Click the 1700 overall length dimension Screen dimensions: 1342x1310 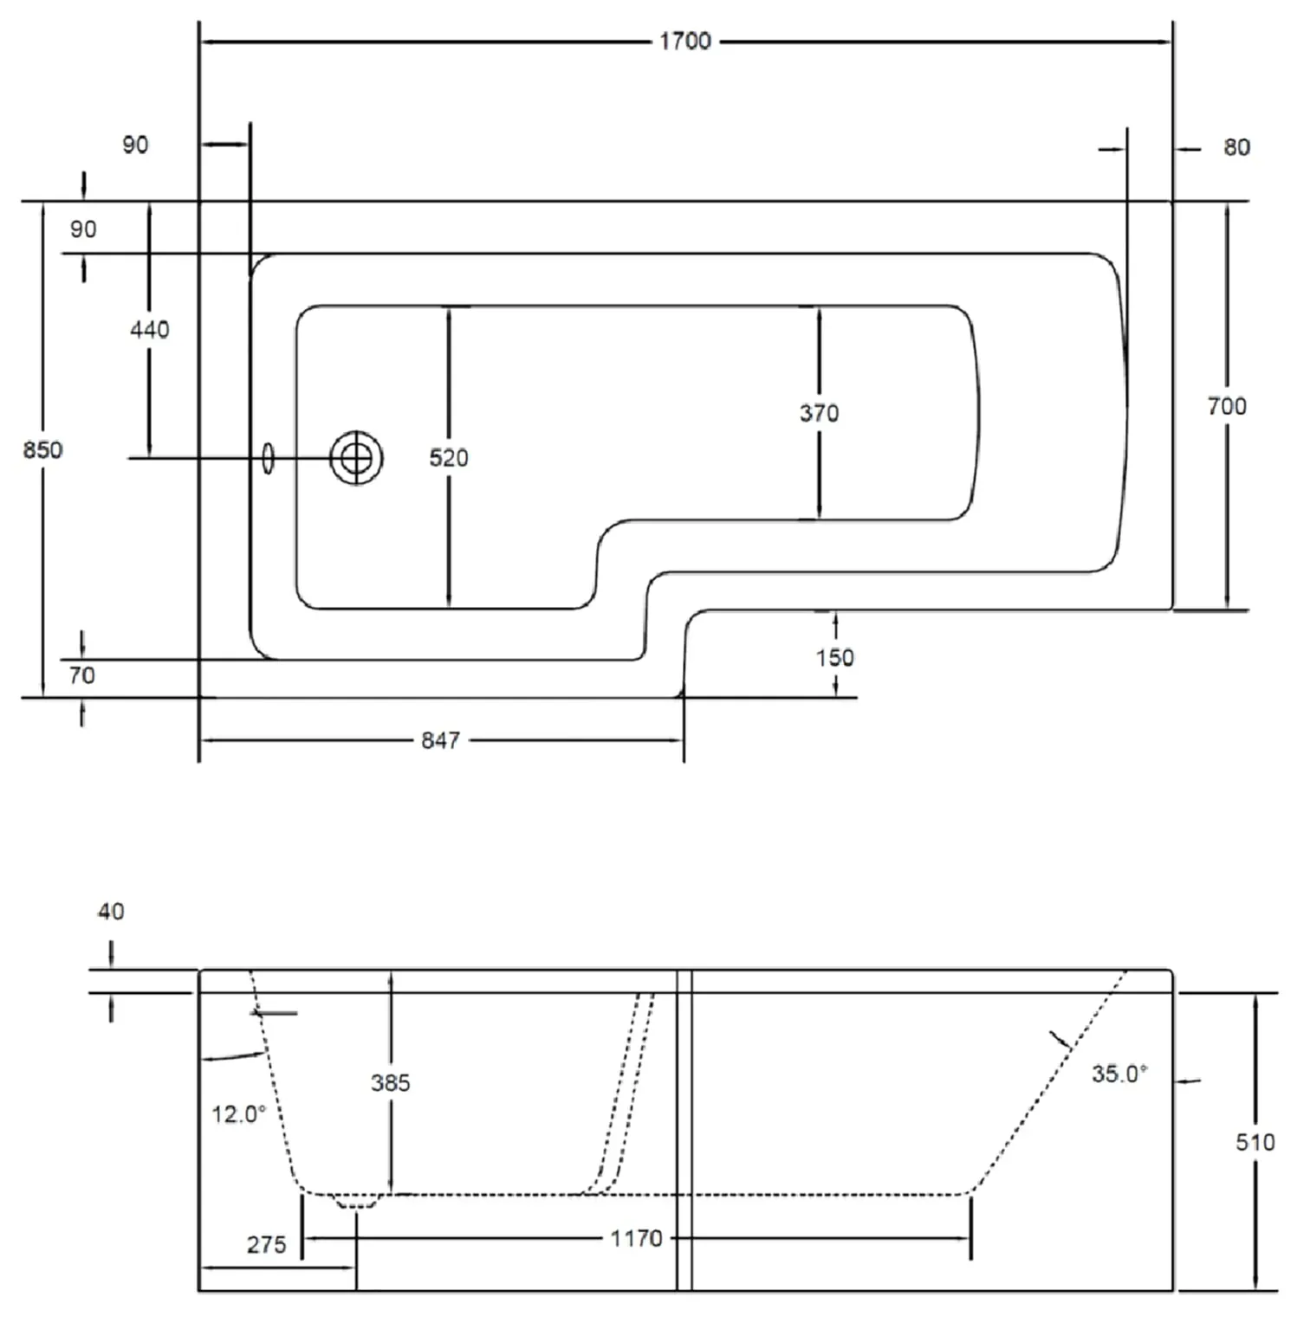684,41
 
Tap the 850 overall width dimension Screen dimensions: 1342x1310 42,449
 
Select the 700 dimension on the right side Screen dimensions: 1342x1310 1226,405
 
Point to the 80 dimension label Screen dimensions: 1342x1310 1236,147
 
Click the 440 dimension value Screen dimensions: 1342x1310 149,329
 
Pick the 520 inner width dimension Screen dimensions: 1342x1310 448,457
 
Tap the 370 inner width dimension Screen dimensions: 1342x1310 819,413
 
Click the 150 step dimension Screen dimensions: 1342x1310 833,657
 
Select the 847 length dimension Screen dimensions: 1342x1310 440,740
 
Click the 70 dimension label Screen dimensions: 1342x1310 81,674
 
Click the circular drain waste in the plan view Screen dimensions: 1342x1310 356,457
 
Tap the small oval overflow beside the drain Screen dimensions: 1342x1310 268,458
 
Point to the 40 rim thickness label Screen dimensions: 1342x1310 111,911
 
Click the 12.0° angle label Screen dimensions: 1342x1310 238,1113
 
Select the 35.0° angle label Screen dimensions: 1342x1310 1119,1074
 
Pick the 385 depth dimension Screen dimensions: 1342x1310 390,1082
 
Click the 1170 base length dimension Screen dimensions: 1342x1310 636,1238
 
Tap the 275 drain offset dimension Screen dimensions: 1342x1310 266,1244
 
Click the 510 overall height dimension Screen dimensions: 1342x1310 1255,1142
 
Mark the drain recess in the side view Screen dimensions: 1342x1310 357,1202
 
